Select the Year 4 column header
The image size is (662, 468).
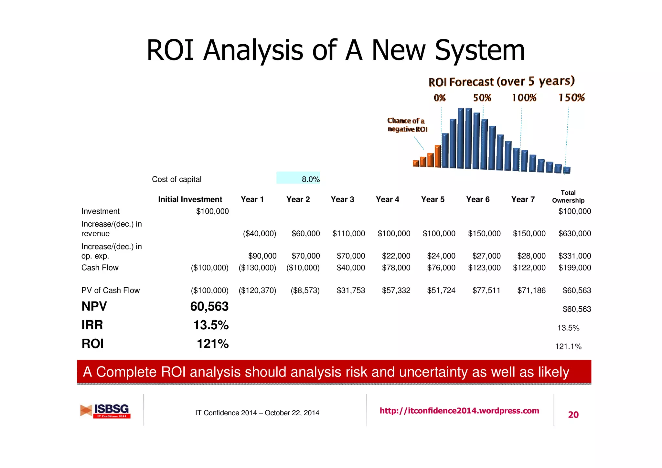coord(387,199)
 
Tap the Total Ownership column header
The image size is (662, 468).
coord(568,197)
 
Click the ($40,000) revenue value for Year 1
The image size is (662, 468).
coord(259,233)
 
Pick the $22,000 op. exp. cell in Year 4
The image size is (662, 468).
coord(396,256)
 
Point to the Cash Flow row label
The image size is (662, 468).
coord(100,268)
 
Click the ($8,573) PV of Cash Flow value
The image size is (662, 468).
coord(305,290)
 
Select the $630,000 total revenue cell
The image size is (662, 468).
coord(574,233)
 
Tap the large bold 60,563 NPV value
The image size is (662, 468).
coord(209,306)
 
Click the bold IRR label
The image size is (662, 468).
coord(92,325)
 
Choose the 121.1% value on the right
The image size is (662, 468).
coord(568,346)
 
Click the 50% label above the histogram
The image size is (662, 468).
coord(482,98)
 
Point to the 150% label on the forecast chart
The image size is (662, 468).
coord(571,98)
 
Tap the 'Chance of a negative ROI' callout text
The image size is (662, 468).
coord(407,125)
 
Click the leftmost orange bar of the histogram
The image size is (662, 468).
coord(416,163)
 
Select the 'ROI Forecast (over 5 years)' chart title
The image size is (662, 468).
coord(501,81)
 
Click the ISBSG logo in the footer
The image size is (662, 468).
coord(106,411)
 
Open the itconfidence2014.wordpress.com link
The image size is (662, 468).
coord(459,411)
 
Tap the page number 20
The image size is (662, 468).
coord(573,415)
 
